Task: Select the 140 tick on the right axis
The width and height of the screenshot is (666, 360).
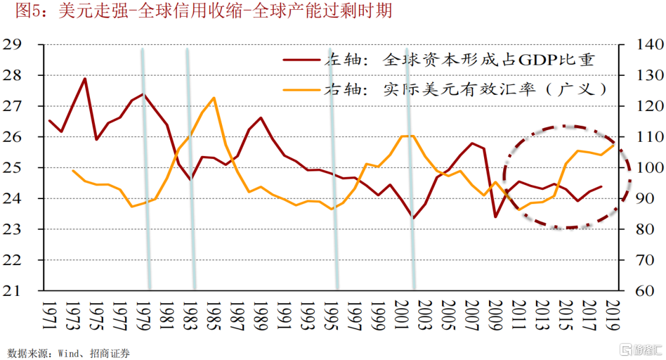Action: point(643,44)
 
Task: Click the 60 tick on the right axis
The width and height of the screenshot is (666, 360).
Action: point(639,290)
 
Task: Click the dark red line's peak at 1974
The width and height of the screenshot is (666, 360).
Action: point(84,78)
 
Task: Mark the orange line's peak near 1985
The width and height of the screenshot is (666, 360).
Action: point(213,97)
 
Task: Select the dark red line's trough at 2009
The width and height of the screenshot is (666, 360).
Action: point(495,216)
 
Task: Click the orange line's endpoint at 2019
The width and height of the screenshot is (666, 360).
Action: point(614,144)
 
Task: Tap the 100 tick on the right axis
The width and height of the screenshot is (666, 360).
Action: point(643,168)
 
